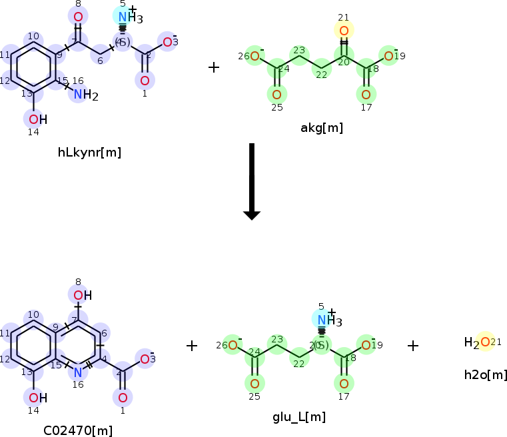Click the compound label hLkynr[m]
[x=89, y=153]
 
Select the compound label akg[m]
[x=322, y=128]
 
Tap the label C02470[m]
[x=78, y=430]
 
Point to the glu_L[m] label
[x=299, y=417]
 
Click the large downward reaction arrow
[x=251, y=181]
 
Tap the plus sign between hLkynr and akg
[x=213, y=67]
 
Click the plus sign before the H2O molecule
[x=413, y=345]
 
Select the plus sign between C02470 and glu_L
[x=192, y=345]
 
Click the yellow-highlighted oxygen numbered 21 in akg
[x=344, y=31]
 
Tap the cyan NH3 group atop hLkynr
[x=127, y=17]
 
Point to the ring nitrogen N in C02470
[x=78, y=372]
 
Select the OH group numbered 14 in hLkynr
[x=37, y=119]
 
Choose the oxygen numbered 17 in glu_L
[x=344, y=384]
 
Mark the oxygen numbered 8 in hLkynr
[x=78, y=17]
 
